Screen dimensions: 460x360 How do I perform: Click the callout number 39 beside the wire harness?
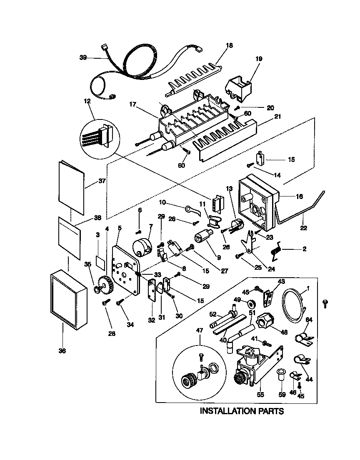(x=83, y=57)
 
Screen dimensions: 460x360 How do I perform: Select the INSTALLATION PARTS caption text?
(x=242, y=411)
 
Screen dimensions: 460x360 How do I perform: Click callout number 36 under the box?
(x=62, y=351)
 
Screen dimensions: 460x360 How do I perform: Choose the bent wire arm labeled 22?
(x=308, y=208)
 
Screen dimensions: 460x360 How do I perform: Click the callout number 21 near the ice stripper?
(x=277, y=117)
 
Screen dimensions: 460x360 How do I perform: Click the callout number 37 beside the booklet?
(x=102, y=181)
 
